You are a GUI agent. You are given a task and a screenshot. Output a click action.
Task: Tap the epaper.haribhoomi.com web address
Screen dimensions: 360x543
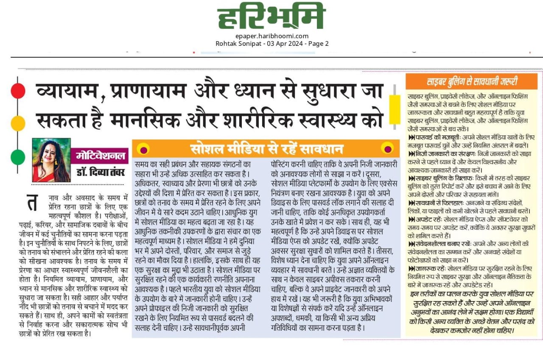(272, 36)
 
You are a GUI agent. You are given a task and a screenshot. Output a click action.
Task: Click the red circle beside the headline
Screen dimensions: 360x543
(18, 91)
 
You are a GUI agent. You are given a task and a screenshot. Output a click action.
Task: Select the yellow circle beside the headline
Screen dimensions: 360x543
(18, 123)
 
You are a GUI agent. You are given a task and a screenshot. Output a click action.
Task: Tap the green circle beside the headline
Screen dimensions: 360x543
(18, 157)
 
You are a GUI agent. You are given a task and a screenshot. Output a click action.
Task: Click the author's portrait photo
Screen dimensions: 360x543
(51, 160)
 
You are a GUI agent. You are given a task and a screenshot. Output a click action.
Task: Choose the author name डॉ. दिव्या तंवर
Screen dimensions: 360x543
(101, 173)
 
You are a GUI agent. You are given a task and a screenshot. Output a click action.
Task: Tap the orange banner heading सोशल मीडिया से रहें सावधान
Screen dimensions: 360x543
(266, 148)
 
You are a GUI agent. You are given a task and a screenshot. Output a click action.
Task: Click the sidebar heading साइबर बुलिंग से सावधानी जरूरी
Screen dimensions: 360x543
(472, 81)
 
